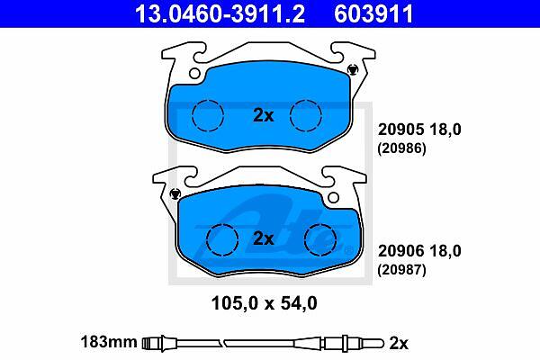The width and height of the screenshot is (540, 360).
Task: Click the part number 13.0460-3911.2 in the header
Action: click(x=220, y=13)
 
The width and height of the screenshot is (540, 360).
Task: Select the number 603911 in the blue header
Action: click(x=373, y=13)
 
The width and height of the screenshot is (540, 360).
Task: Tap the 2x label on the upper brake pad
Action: click(x=264, y=115)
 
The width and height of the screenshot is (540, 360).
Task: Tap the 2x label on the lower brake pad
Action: click(x=264, y=238)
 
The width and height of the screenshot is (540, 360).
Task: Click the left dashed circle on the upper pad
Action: click(x=208, y=115)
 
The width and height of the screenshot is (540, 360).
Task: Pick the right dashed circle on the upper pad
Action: click(x=306, y=115)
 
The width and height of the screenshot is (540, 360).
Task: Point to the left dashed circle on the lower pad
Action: click(x=222, y=239)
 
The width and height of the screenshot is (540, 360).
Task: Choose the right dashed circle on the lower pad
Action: click(x=320, y=239)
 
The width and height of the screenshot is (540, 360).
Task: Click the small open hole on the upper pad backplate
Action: click(x=194, y=74)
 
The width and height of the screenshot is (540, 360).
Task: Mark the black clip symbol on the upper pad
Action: click(x=352, y=70)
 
